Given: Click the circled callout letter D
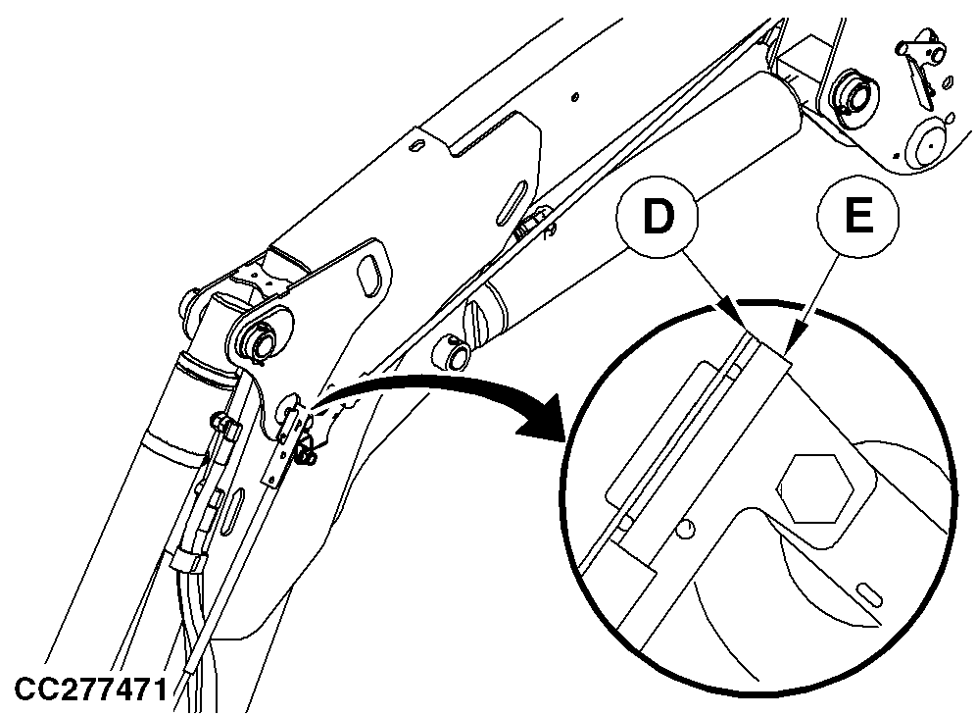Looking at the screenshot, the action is pos(658,216).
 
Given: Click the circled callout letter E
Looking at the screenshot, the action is pos(858,216).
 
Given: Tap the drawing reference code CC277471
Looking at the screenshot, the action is pos(91,690).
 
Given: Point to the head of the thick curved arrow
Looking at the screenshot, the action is pos(540,419).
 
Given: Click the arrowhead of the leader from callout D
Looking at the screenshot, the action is pos(729,311).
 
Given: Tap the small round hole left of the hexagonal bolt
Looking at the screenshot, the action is pos(685,529).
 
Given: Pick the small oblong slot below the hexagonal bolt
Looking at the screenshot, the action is pos(869,593).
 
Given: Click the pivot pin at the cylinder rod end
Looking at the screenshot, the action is pos(266,339).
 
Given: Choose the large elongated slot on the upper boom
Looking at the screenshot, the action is pos(512,202).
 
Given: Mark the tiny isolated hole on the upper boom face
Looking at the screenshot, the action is pos(575,96).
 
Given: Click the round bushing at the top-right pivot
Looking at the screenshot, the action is pos(854,95).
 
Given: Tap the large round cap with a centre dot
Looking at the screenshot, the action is pos(928,142).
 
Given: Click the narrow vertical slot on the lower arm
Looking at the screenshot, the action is pos(235,509).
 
